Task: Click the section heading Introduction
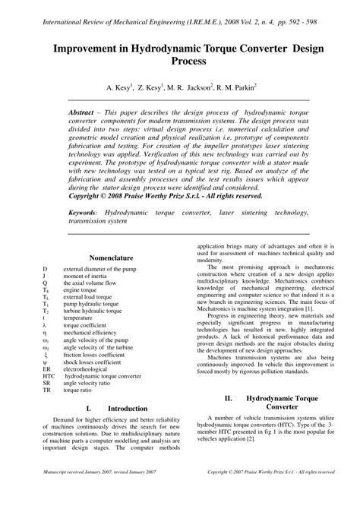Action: coord(127,408)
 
